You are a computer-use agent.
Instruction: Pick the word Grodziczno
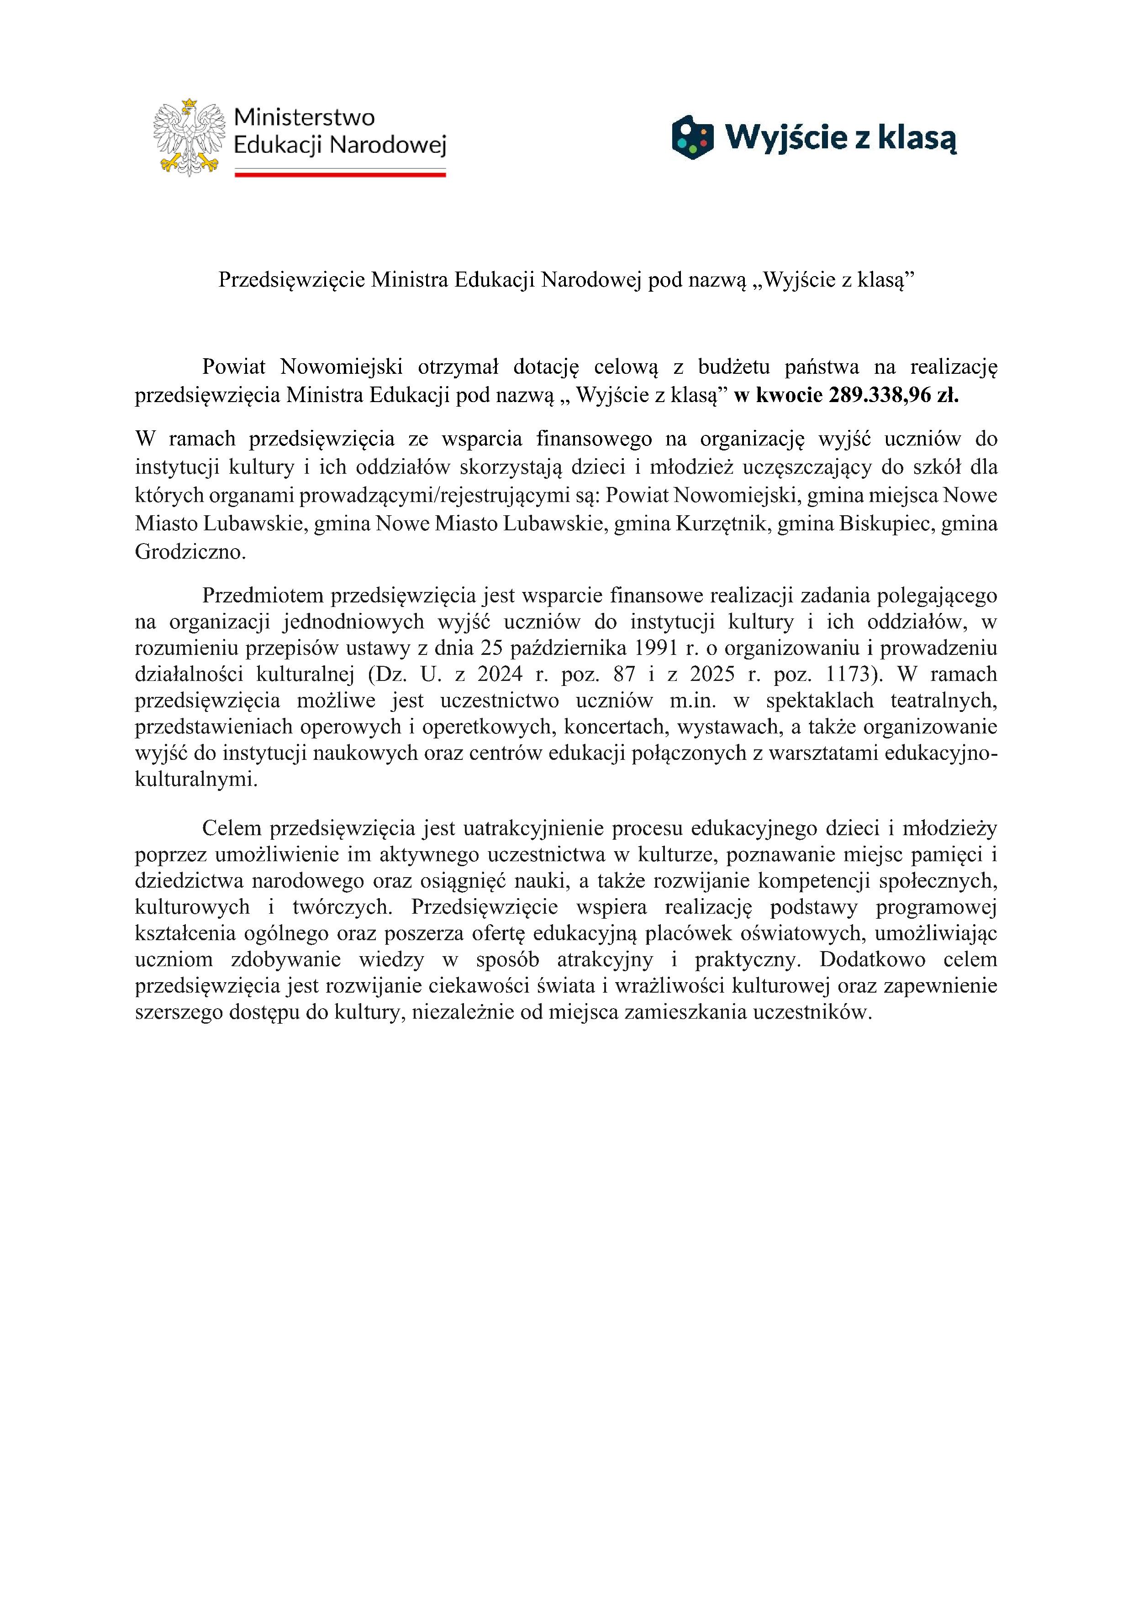click(190, 552)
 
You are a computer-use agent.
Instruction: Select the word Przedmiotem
click(263, 596)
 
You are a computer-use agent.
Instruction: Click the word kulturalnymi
click(195, 780)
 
